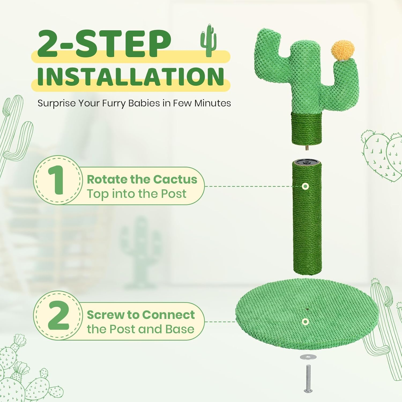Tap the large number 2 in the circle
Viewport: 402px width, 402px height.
point(58,315)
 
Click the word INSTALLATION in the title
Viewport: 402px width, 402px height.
point(131,77)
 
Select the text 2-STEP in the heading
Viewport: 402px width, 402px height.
point(104,44)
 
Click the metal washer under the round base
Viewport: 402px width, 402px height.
point(308,357)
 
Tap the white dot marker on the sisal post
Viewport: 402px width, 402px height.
point(305,186)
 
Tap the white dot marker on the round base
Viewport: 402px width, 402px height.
point(305,322)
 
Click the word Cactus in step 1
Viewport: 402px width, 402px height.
point(175,180)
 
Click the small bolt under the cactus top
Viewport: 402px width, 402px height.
point(306,148)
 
